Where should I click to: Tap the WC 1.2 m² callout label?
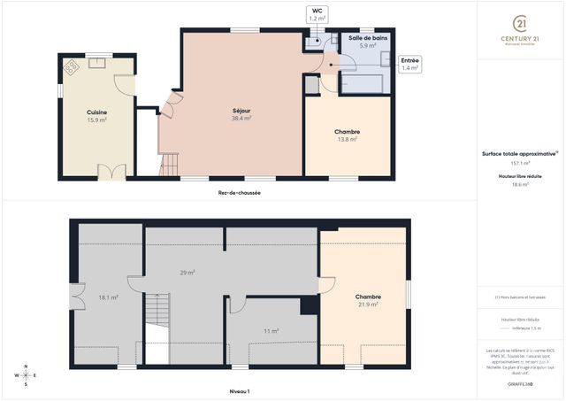pos(317,14)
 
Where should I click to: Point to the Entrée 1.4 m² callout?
pos(410,64)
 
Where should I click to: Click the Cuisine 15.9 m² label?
pos(96,116)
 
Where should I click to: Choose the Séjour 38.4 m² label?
pos(241,113)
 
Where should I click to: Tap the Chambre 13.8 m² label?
pos(347,135)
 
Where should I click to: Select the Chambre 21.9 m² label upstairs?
pos(368,300)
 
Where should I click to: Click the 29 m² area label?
pos(187,273)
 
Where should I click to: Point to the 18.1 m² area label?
pos(108,297)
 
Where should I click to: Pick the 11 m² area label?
pos(271,331)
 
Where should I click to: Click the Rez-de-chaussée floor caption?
pos(239,192)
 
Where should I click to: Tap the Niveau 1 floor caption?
pos(240,390)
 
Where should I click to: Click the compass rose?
pos(26,374)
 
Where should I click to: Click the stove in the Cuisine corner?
pos(71,66)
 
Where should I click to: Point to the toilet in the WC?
pos(314,41)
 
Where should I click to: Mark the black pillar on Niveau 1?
pos(308,305)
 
